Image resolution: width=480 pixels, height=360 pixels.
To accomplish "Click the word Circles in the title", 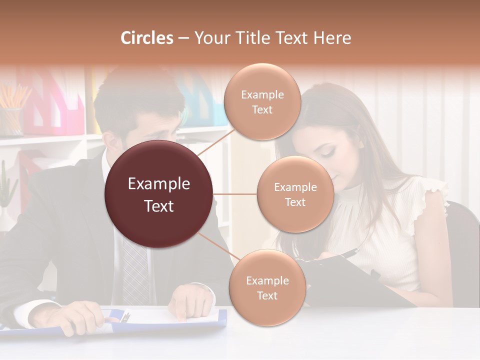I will (x=147, y=38).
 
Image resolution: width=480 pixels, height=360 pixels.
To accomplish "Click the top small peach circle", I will (x=261, y=102).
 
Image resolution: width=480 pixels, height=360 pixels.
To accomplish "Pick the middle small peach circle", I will (x=295, y=194).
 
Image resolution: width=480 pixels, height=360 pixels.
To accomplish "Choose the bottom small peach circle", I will (x=267, y=287).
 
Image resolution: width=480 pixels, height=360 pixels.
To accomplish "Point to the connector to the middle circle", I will (x=235, y=194).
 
